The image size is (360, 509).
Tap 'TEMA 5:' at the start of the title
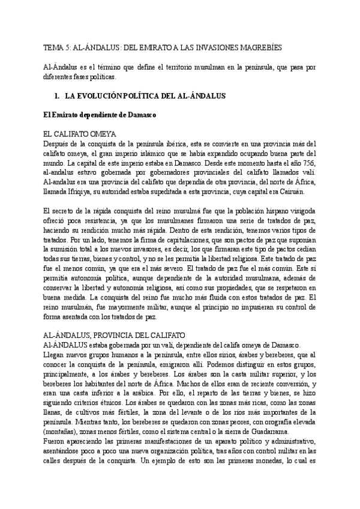pos(58,47)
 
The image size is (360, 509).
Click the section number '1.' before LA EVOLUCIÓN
pos(57,96)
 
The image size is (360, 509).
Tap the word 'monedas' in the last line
pos(268,461)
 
